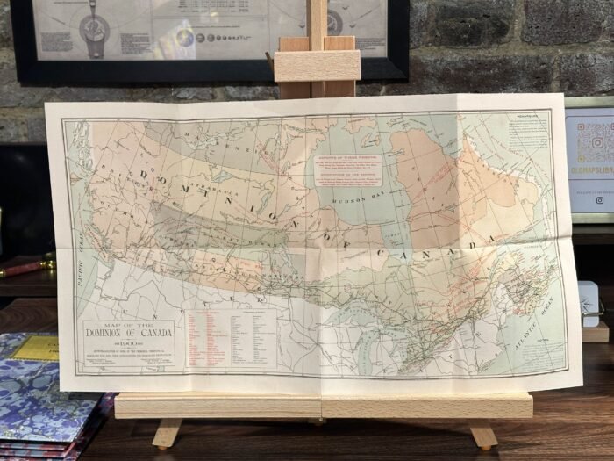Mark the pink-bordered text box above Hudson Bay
coord(348,164)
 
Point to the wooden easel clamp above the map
coord(317,66)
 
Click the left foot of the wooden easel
coord(166,434)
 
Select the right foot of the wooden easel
coord(482,435)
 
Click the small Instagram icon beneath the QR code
coord(599,200)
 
